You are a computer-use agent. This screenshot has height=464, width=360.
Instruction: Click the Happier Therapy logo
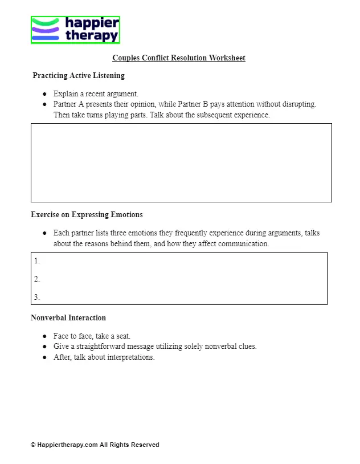(75, 30)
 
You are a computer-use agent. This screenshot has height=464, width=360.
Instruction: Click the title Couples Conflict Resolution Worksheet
(178, 58)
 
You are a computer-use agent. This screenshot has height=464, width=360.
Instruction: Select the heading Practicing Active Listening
(79, 75)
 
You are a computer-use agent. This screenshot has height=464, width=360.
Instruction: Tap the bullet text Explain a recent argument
(96, 93)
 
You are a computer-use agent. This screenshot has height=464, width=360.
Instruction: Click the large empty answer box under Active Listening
(181, 162)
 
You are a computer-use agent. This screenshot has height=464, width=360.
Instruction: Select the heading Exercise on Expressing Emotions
(87, 215)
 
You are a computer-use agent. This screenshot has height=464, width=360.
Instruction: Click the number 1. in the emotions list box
(37, 261)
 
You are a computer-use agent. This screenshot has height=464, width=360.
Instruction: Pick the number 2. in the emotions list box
(37, 279)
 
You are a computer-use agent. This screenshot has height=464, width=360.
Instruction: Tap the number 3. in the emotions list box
(37, 297)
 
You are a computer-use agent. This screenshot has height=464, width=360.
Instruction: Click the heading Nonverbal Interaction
(68, 318)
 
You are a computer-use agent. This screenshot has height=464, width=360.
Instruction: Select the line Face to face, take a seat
(92, 336)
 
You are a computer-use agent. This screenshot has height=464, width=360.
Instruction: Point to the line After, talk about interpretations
(104, 357)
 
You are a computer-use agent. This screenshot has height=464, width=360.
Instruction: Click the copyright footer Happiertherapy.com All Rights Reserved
(95, 445)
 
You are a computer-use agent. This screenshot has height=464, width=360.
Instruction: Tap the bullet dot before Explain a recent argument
(44, 94)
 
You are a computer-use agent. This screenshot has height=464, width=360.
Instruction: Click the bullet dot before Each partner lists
(44, 233)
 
